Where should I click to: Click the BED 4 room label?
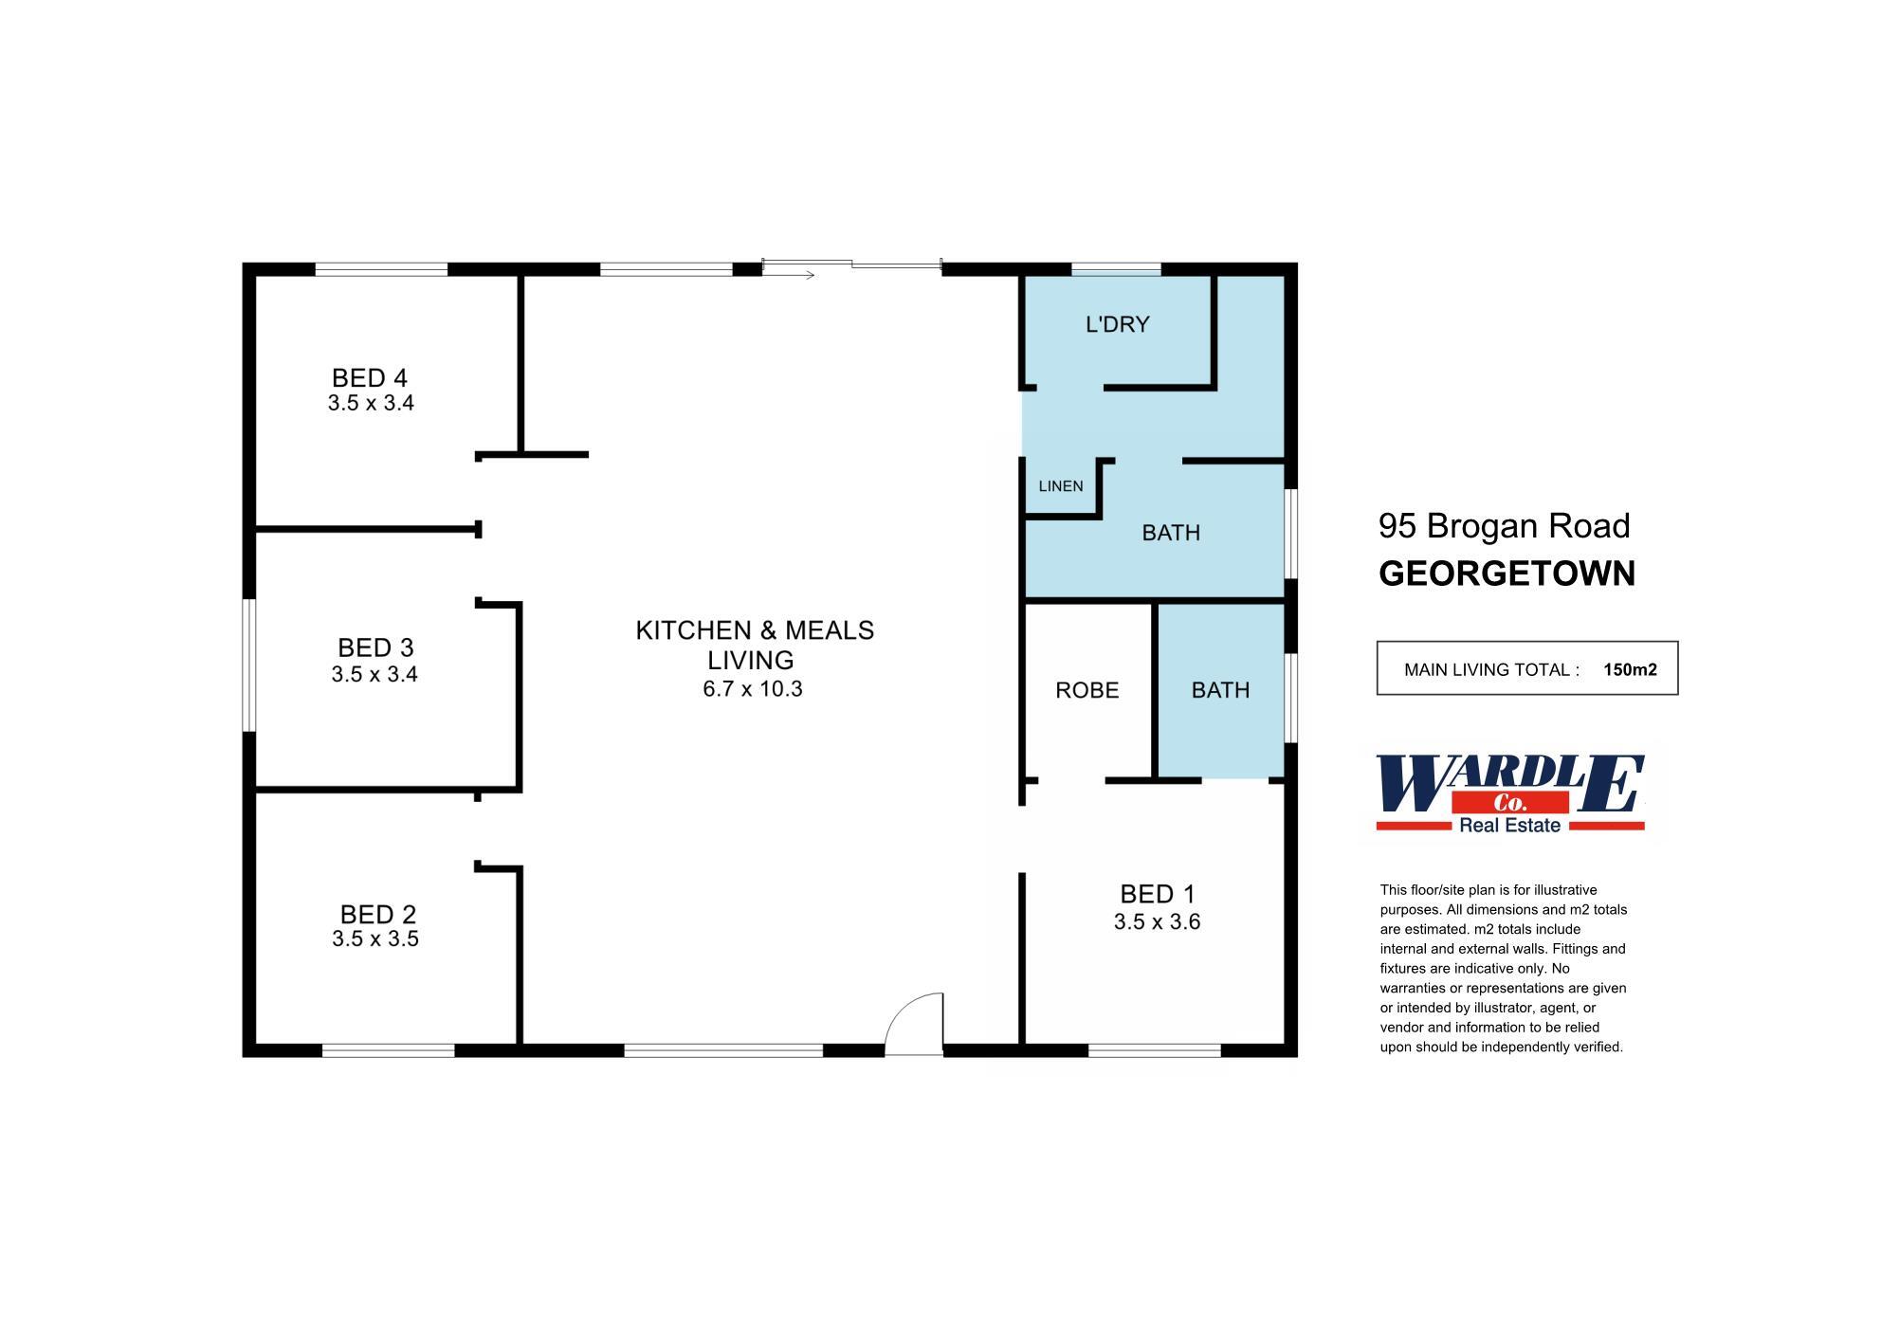369,378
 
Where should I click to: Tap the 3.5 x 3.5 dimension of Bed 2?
374,938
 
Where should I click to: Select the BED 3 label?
375,647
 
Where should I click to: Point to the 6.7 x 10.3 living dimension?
752,689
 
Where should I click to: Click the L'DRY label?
1117,324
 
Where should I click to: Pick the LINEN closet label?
1060,486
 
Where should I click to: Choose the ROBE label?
1087,690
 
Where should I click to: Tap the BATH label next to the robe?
1220,690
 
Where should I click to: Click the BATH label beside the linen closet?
1170,533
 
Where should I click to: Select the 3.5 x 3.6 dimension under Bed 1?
1157,921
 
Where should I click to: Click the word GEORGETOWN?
1507,574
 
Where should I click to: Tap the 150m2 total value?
1630,669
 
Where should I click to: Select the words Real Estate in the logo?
1509,826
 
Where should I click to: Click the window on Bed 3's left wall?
249,665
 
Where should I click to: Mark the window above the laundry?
1116,269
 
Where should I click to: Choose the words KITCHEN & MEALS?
754,630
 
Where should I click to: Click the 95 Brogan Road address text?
1504,525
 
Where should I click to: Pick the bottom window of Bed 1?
1154,1050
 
